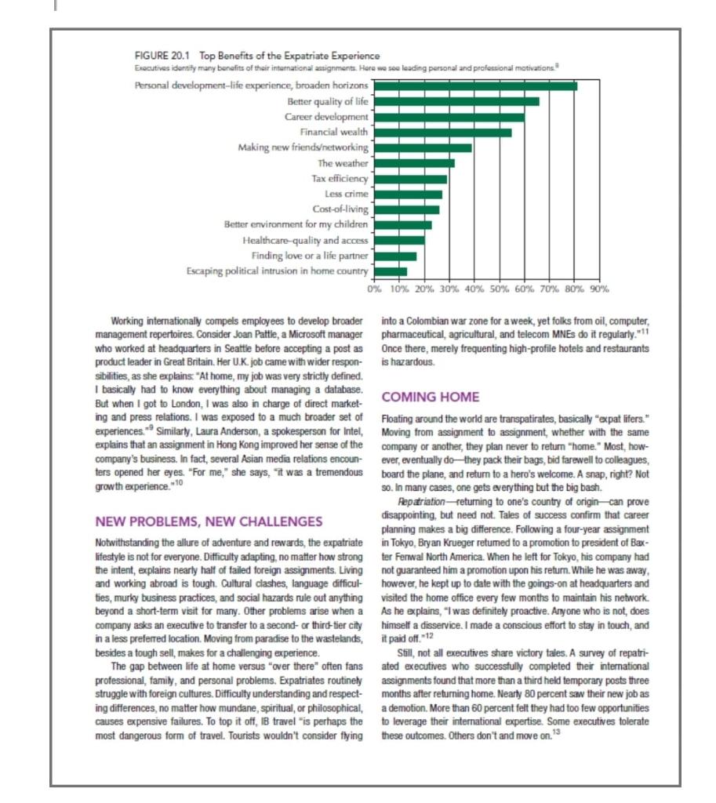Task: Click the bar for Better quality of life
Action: (454, 101)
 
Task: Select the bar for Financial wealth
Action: (441, 133)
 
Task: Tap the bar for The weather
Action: (413, 163)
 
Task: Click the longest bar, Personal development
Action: (474, 85)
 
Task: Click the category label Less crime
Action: (346, 194)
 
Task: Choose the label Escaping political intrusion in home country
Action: (277, 271)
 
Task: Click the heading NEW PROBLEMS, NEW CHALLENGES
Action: (209, 521)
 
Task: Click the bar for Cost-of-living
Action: (405, 209)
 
